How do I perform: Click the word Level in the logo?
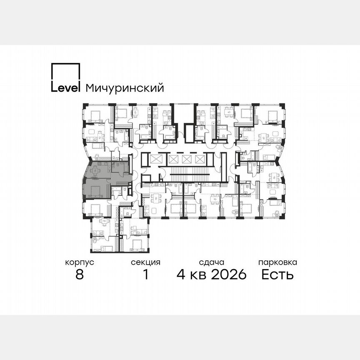(65, 88)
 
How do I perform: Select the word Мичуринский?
(124, 88)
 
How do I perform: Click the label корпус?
(80, 262)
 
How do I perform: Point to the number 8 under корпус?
(80, 275)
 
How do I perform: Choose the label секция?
(145, 262)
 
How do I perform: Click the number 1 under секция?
(145, 275)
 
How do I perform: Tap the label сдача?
(212, 262)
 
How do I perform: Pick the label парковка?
(277, 262)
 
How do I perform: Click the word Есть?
(277, 275)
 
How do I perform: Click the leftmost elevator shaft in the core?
(157, 160)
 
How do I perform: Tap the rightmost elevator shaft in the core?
(199, 160)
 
